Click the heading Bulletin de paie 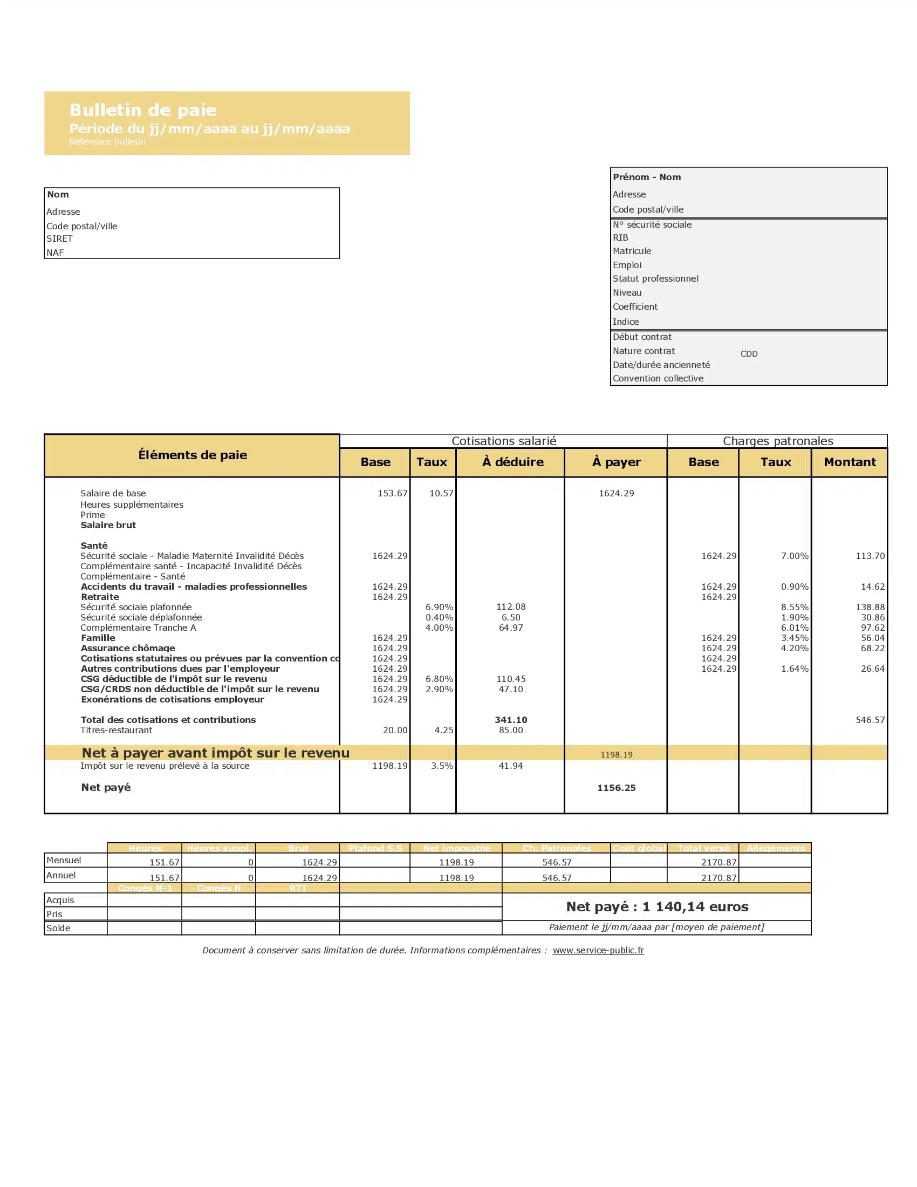click(143, 110)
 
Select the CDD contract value click(749, 354)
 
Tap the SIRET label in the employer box click(59, 238)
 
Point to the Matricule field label click(632, 251)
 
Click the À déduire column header click(512, 462)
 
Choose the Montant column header click(850, 462)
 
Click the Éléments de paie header click(193, 455)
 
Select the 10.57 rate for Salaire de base click(441, 494)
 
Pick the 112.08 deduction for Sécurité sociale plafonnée click(511, 606)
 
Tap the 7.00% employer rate click(795, 556)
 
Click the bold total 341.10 click(511, 720)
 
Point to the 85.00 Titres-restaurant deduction click(511, 730)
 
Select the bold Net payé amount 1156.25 click(616, 788)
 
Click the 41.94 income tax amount click(511, 766)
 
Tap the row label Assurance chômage click(128, 648)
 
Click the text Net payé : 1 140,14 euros click(657, 906)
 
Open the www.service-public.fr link click(598, 950)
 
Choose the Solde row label click(58, 928)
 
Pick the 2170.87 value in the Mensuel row click(718, 862)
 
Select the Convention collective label click(658, 378)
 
